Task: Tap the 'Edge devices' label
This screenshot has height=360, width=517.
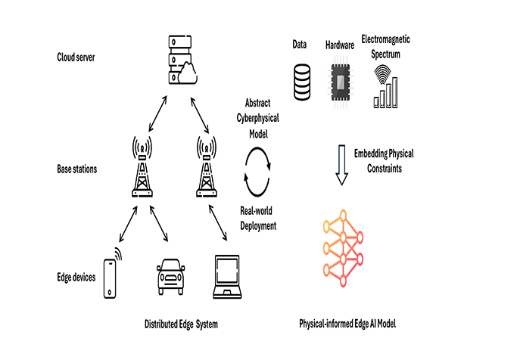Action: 76,278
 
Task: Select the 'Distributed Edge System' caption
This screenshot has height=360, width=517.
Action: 181,324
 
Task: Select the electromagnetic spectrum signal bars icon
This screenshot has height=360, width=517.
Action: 387,86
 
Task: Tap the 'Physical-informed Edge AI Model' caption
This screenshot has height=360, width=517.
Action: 347,324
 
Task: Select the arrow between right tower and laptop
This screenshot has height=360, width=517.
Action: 218,224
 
